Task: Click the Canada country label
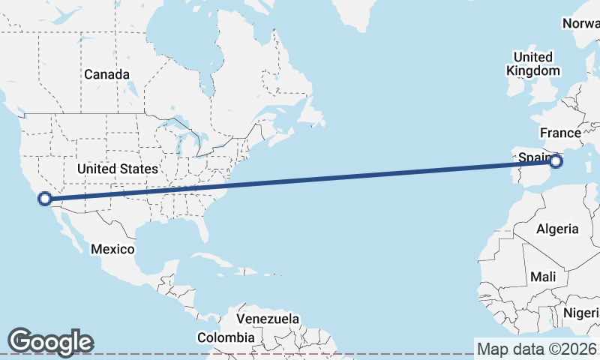click(106, 74)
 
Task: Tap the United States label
click(118, 169)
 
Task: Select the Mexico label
click(112, 248)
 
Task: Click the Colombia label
click(225, 337)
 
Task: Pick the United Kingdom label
click(532, 64)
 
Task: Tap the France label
click(560, 133)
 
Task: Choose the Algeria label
click(557, 229)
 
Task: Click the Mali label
click(543, 277)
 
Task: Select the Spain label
click(532, 157)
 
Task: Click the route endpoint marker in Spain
click(556, 161)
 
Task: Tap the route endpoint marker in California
click(44, 199)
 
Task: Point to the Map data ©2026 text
click(537, 349)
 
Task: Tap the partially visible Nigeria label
click(583, 312)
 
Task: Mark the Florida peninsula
click(202, 225)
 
